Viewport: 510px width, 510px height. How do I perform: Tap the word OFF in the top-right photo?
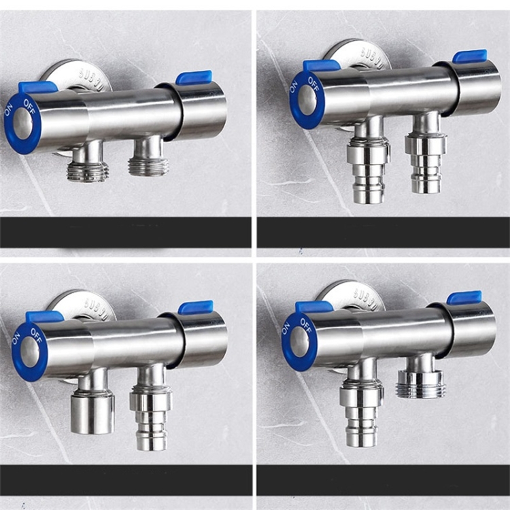(313, 83)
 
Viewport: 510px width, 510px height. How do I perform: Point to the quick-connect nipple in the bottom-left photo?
(149, 415)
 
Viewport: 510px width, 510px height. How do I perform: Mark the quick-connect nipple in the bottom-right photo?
(361, 415)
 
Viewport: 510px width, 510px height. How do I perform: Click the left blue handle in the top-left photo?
(38, 87)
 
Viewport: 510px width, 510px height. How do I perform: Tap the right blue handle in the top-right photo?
(470, 56)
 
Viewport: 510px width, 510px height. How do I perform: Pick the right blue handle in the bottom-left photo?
(196, 307)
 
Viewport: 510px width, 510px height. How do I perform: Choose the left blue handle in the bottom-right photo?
(314, 307)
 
